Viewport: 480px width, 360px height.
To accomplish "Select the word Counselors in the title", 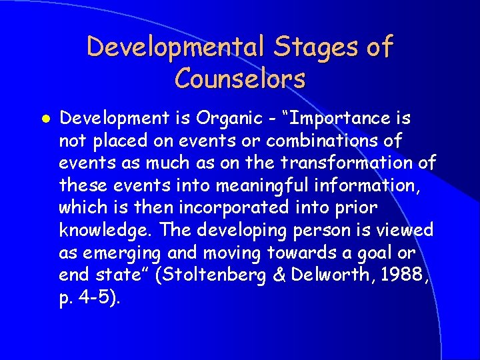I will [x=240, y=79].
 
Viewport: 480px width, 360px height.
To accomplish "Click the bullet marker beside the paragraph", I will [x=43, y=119].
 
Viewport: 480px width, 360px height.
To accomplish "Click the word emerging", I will [x=122, y=253].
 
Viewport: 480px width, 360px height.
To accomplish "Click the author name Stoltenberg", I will [x=230, y=275].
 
